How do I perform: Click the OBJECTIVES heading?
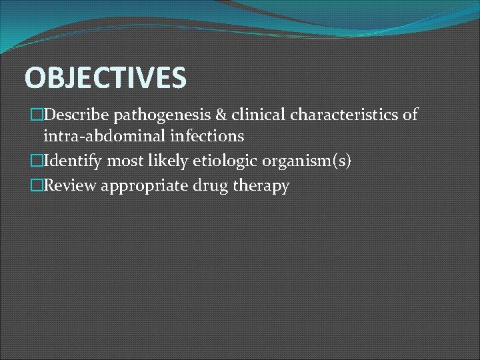(x=105, y=78)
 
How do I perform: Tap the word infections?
(x=208, y=137)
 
